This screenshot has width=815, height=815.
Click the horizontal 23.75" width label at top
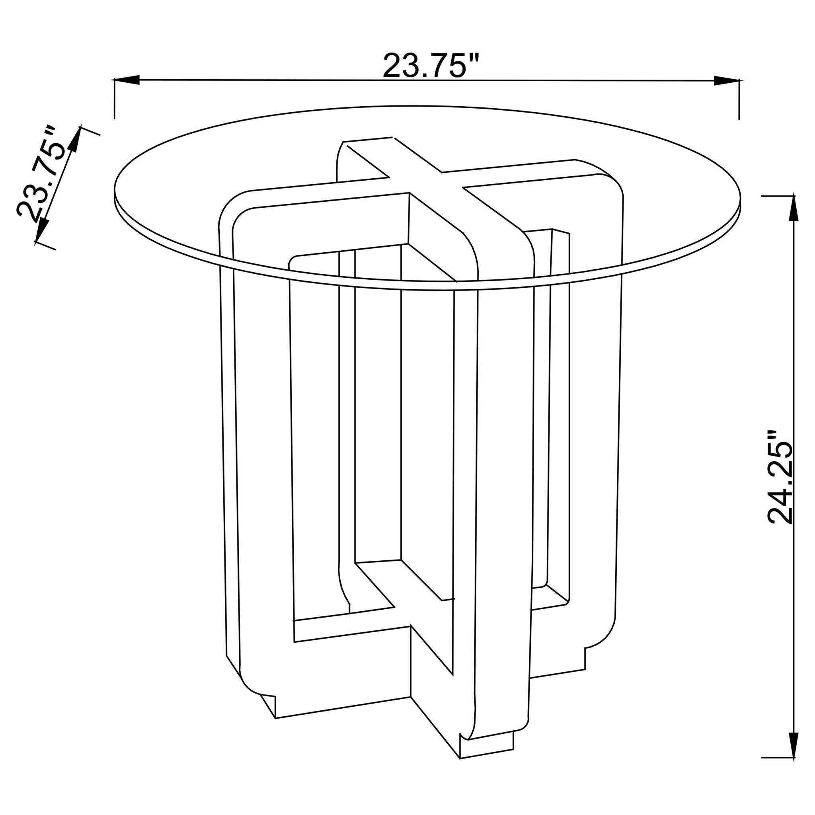click(431, 65)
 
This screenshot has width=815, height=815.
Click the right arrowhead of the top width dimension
click(726, 80)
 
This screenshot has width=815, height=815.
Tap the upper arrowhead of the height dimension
click(794, 209)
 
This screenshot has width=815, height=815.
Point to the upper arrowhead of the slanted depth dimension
click(75, 139)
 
